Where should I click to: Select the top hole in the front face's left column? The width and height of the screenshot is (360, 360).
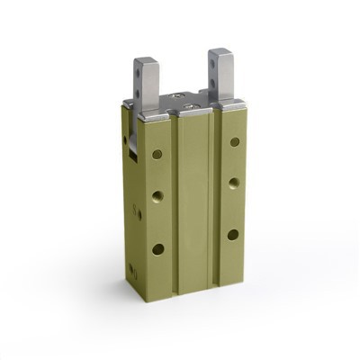157,154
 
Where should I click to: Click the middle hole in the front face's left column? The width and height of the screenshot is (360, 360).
157,194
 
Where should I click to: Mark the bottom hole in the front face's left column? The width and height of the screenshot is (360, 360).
157,248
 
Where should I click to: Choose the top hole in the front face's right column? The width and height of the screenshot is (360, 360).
235,141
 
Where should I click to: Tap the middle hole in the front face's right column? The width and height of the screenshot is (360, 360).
234,182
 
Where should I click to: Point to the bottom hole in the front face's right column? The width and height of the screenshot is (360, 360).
233,234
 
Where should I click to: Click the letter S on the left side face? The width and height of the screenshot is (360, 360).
137,213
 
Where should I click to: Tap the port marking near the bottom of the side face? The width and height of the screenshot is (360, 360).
132,269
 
